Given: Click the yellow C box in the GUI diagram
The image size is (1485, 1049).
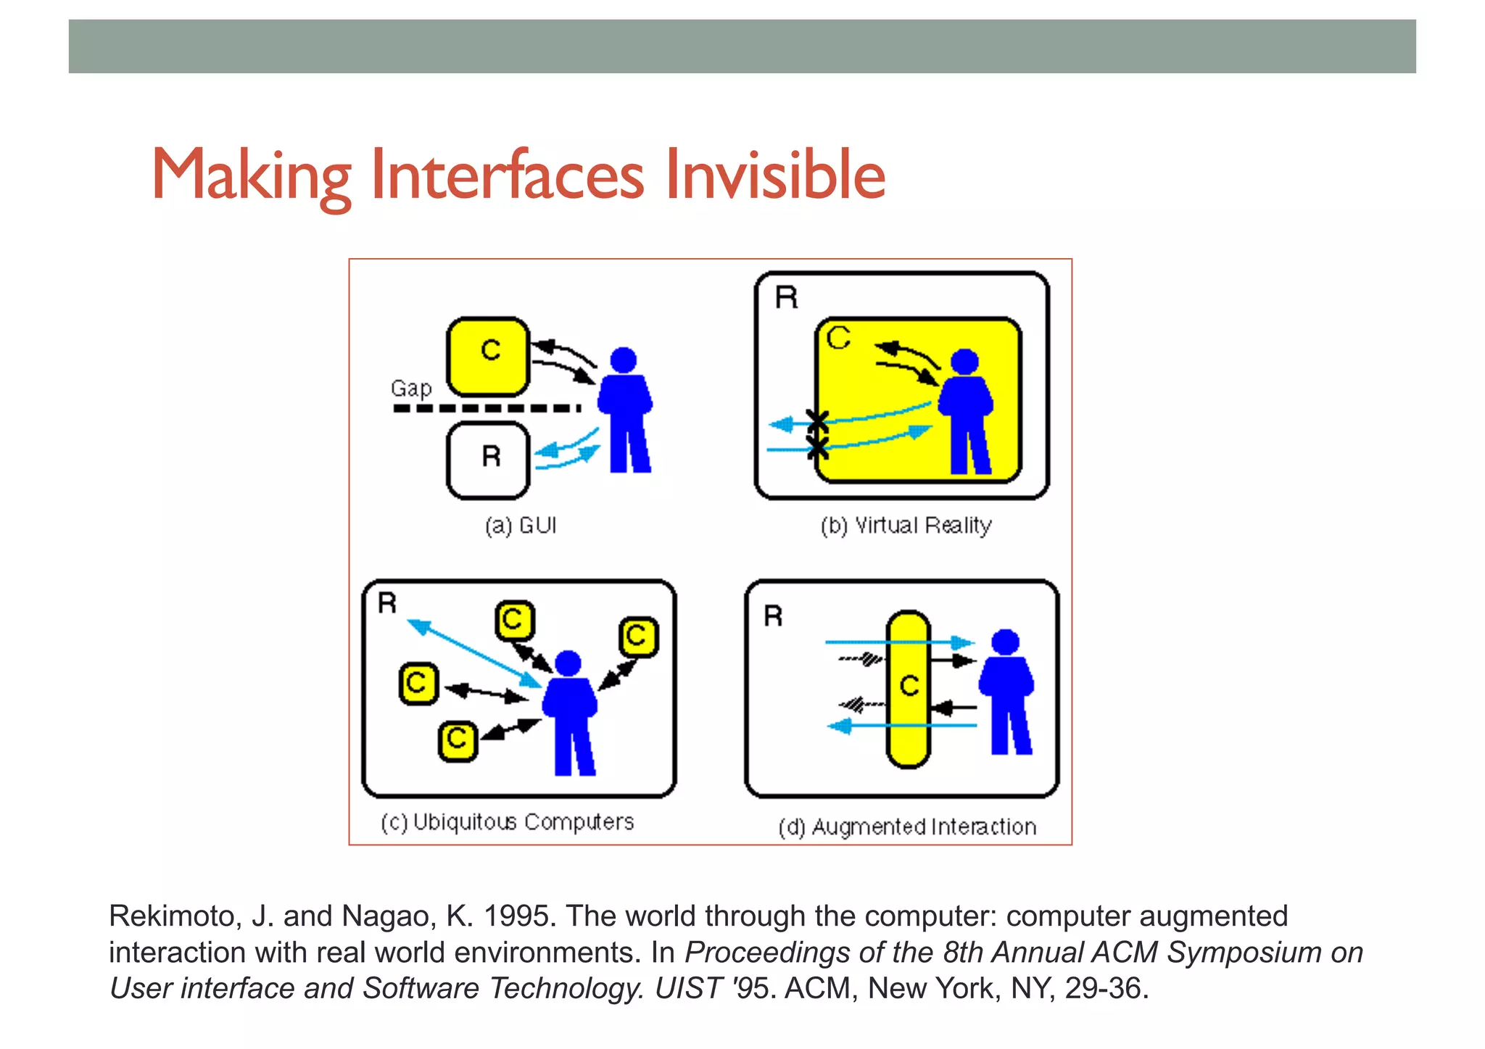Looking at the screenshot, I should (488, 357).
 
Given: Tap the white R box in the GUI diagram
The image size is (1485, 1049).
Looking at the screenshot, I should (489, 460).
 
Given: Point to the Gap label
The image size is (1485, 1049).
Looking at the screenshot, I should (411, 389).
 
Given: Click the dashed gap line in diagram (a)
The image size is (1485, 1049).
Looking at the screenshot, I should (486, 408).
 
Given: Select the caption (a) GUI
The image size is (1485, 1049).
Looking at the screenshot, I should (521, 525).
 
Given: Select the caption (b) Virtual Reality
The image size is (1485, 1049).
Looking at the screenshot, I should (906, 525).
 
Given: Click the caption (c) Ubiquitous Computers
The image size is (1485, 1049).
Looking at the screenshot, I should (507, 822).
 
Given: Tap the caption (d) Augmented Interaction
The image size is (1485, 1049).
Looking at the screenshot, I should (907, 826).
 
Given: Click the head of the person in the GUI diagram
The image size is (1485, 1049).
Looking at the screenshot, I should (623, 360).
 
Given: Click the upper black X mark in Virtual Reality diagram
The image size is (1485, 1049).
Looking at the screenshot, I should (817, 420).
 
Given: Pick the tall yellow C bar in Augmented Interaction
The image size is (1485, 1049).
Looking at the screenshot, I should (908, 689).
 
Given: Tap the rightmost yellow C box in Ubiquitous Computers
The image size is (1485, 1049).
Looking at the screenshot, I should (638, 637).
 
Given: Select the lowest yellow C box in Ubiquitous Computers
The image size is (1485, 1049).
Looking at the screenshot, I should (458, 741).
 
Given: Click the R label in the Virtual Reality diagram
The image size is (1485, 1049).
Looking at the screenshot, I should (786, 297).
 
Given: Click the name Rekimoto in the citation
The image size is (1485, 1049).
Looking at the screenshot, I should (173, 916).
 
